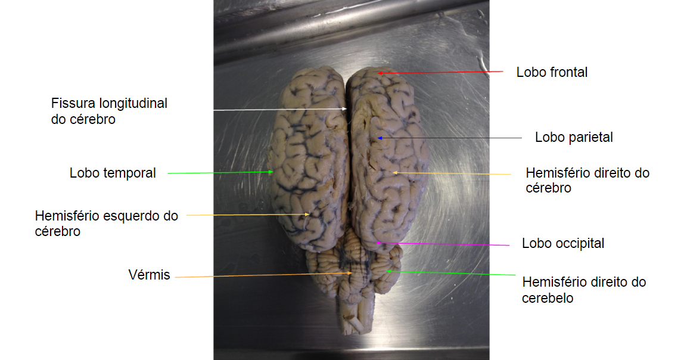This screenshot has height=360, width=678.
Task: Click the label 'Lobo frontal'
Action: pos(552,73)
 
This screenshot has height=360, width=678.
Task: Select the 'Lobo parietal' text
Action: pos(574,138)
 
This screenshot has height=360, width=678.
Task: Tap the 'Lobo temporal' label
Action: pos(113,173)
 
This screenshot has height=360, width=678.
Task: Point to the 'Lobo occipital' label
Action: pos(563,244)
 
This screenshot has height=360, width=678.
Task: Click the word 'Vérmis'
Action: pos(149,275)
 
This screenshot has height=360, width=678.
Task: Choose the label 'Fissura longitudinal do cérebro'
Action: pos(109,111)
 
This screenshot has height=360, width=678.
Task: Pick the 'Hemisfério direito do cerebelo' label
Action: pos(584,290)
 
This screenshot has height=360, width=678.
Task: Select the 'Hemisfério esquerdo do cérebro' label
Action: pos(106,224)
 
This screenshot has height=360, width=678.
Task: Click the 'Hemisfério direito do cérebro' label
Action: pos(587,180)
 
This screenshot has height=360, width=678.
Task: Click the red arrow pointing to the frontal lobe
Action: pos(441,72)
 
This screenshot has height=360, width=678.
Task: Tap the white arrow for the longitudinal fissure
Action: pos(280,110)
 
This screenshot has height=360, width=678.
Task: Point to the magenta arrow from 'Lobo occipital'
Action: pos(444,244)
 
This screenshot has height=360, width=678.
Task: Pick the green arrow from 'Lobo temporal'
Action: pos(220,173)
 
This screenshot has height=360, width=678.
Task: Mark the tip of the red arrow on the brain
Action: pos(377,73)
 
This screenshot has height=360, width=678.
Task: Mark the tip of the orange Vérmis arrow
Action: pos(353,273)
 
